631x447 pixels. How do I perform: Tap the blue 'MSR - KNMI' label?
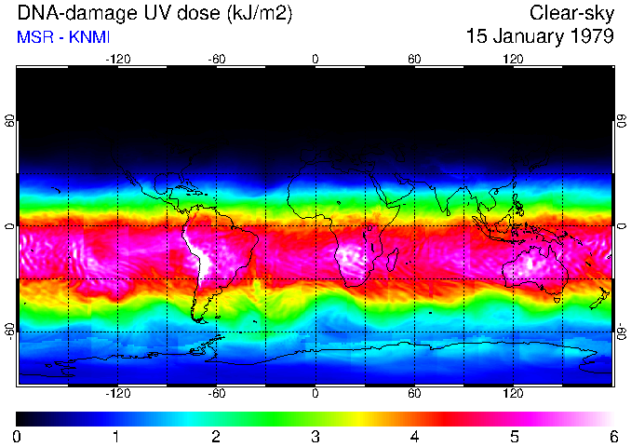pyautogui.click(x=57, y=37)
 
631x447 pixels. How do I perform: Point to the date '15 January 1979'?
pyautogui.click(x=540, y=37)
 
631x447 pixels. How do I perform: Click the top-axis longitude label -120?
pyautogui.click(x=117, y=59)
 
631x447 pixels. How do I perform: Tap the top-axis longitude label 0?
pyautogui.click(x=315, y=59)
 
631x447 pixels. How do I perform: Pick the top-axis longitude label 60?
pyautogui.click(x=414, y=59)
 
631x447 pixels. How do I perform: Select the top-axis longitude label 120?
pyautogui.click(x=513, y=59)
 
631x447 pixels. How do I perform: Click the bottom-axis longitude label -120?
pyautogui.click(x=117, y=394)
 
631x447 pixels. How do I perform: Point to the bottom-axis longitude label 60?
pyautogui.click(x=414, y=394)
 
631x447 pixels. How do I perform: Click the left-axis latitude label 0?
pyautogui.click(x=10, y=225)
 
